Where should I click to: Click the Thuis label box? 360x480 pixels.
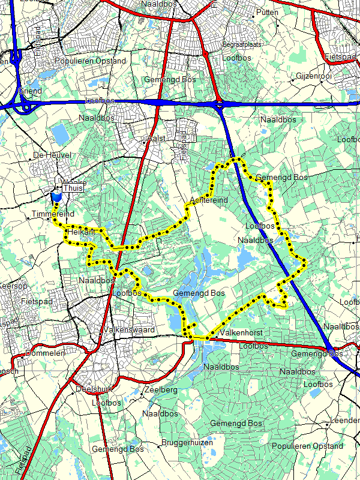(72, 188)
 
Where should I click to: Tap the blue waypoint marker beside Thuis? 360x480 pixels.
(56, 197)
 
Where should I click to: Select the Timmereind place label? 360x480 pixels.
(53, 214)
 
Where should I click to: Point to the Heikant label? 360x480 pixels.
(82, 231)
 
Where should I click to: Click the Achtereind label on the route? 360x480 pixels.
(208, 200)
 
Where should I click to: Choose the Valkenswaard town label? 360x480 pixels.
(129, 330)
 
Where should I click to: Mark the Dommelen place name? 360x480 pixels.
(42, 353)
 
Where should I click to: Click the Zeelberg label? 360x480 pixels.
(161, 390)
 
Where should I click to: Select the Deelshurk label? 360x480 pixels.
(95, 389)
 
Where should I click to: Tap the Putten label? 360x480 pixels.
(267, 13)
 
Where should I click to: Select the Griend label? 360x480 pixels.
(30, 91)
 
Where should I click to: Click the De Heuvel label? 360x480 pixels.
(53, 155)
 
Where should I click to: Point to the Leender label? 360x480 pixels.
(345, 421)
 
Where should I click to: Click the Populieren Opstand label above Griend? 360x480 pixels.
(90, 61)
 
